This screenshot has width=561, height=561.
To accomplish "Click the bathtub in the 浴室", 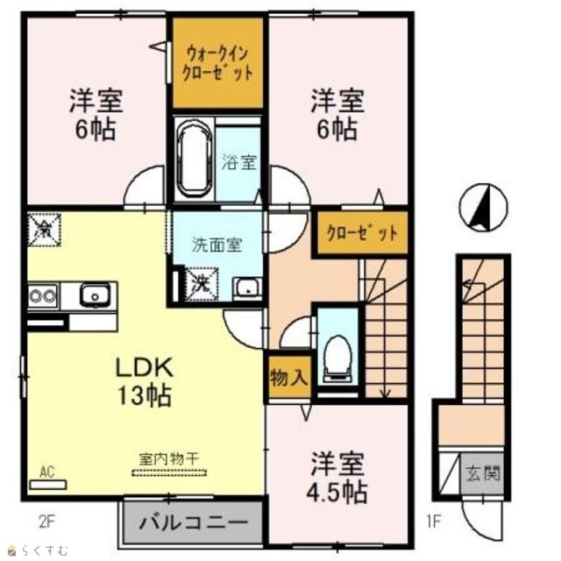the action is click(x=195, y=160).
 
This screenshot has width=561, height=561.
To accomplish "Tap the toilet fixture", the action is click(x=337, y=357).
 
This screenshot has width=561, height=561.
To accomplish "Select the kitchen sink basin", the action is click(x=96, y=295).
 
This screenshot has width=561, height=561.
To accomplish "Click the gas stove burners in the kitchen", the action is click(x=43, y=295).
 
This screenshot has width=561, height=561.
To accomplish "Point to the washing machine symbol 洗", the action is click(x=201, y=284).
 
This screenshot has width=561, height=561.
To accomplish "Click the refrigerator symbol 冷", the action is click(x=45, y=230).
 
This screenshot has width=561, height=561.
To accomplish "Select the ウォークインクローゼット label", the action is click(x=218, y=64).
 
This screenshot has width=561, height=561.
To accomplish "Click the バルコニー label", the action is click(x=193, y=522).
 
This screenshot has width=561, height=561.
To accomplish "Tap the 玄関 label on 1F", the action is click(x=483, y=473).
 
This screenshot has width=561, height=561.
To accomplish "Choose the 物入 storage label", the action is click(x=289, y=377).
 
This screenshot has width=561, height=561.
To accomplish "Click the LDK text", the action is click(x=145, y=367).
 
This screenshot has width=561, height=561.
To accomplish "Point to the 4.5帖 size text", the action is click(x=337, y=492).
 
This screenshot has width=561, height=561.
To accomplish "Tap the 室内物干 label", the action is click(x=169, y=459).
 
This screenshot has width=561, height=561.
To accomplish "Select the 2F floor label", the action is click(x=46, y=522).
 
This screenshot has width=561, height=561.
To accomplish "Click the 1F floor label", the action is click(x=433, y=522).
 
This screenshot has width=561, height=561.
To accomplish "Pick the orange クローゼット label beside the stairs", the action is click(x=362, y=233).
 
